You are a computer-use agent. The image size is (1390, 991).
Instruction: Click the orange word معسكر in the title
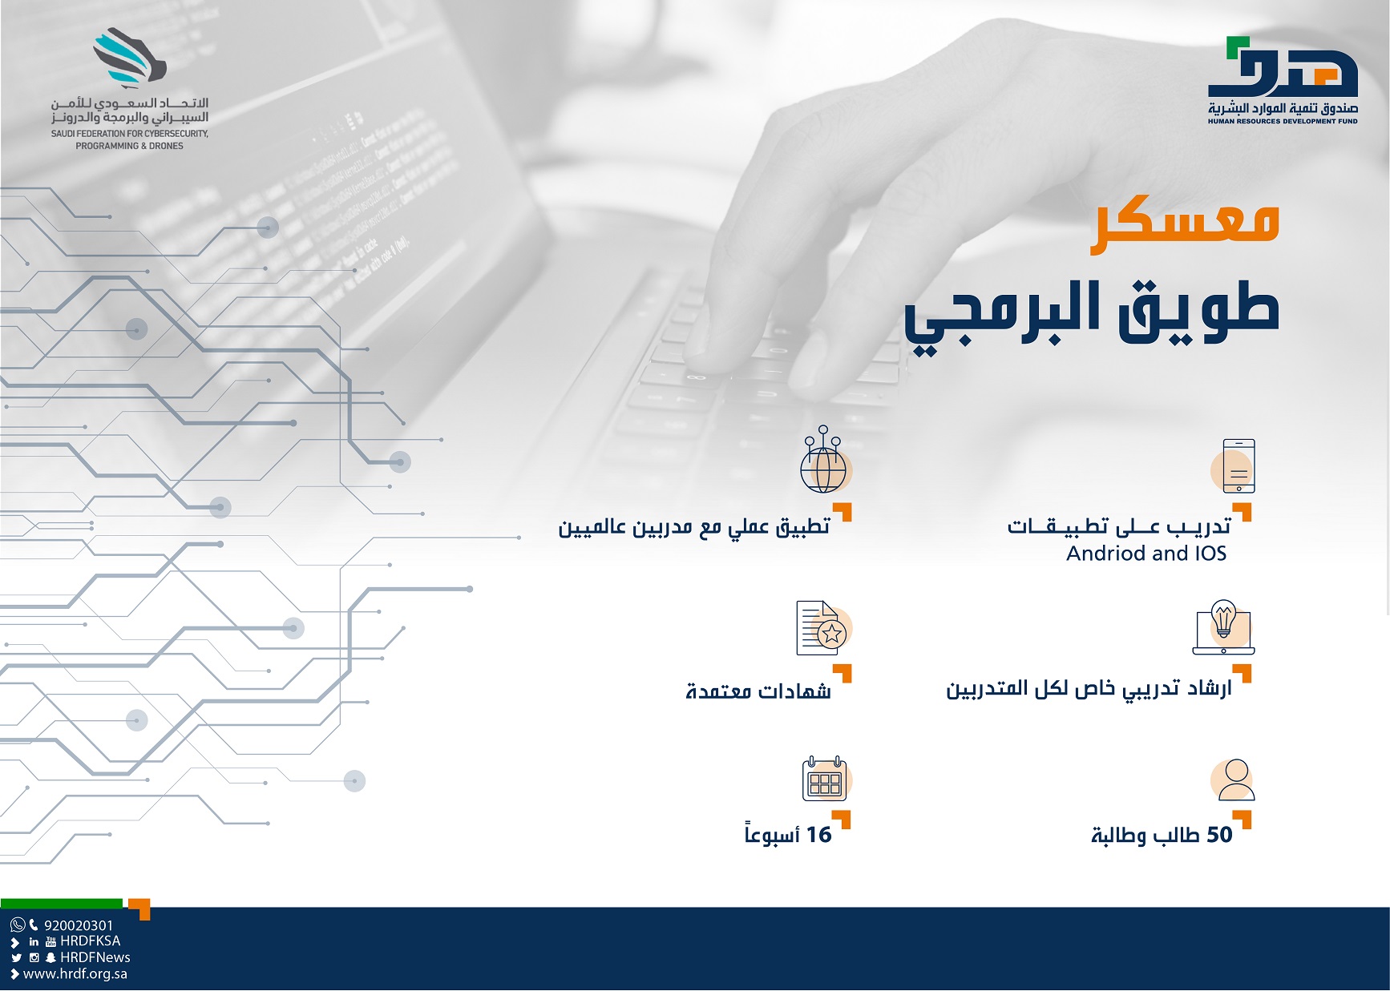point(1184,226)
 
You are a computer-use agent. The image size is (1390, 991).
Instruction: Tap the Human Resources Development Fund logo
point(1283,80)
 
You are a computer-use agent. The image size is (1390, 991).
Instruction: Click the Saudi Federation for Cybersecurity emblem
point(129,58)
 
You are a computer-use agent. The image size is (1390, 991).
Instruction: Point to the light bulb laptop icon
point(1223,627)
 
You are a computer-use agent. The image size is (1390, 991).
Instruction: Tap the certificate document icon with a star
point(822,628)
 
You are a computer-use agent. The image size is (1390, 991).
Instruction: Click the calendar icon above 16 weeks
point(825,779)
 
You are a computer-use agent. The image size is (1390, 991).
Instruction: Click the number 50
point(1219,835)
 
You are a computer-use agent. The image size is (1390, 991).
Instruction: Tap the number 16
point(818,835)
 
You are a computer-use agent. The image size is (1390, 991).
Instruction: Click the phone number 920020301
point(79,925)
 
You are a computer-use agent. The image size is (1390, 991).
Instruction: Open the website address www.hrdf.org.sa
point(75,974)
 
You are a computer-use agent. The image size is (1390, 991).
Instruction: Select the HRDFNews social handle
point(95,957)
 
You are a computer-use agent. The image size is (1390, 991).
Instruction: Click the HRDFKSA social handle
point(90,941)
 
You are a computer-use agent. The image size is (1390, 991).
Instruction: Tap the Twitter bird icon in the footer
point(16,957)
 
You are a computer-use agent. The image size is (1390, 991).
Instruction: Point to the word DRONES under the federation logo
point(166,146)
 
